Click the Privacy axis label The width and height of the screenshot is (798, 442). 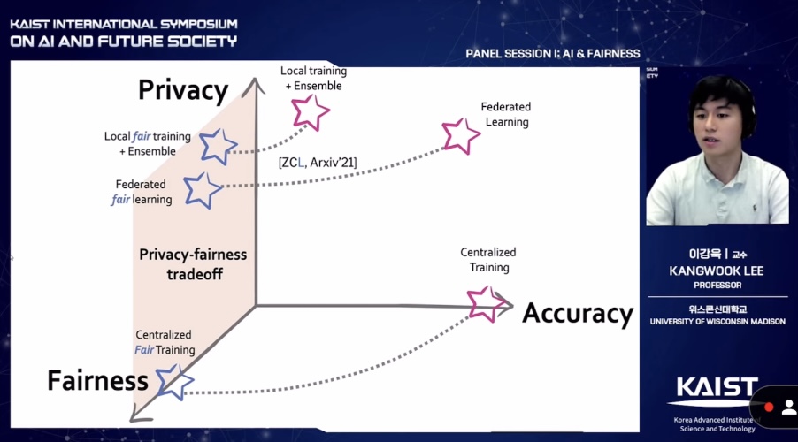pyautogui.click(x=183, y=90)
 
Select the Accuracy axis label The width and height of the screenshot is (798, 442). pyautogui.click(x=578, y=314)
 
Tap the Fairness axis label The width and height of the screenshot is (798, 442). pyautogui.click(x=97, y=381)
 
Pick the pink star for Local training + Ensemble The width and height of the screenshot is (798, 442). pyautogui.click(x=310, y=111)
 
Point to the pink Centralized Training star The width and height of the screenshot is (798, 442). pyautogui.click(x=485, y=302)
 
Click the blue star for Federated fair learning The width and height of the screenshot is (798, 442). pyautogui.click(x=202, y=188)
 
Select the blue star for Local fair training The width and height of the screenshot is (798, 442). pyautogui.click(x=218, y=145)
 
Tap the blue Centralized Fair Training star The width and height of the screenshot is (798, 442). pyautogui.click(x=174, y=381)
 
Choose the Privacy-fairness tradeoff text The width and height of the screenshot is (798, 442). pyautogui.click(x=193, y=263)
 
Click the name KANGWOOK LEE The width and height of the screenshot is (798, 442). pyautogui.click(x=717, y=271)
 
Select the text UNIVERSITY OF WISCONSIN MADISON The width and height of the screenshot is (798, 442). pyautogui.click(x=717, y=322)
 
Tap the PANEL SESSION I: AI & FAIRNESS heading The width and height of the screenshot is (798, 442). pyautogui.click(x=552, y=54)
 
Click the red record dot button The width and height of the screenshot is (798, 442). pyautogui.click(x=769, y=407)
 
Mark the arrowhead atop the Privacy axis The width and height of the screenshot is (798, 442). pyautogui.click(x=255, y=85)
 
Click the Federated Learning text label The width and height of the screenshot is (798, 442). pyautogui.click(x=506, y=114)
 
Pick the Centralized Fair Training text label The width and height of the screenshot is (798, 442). pyautogui.click(x=164, y=342)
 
